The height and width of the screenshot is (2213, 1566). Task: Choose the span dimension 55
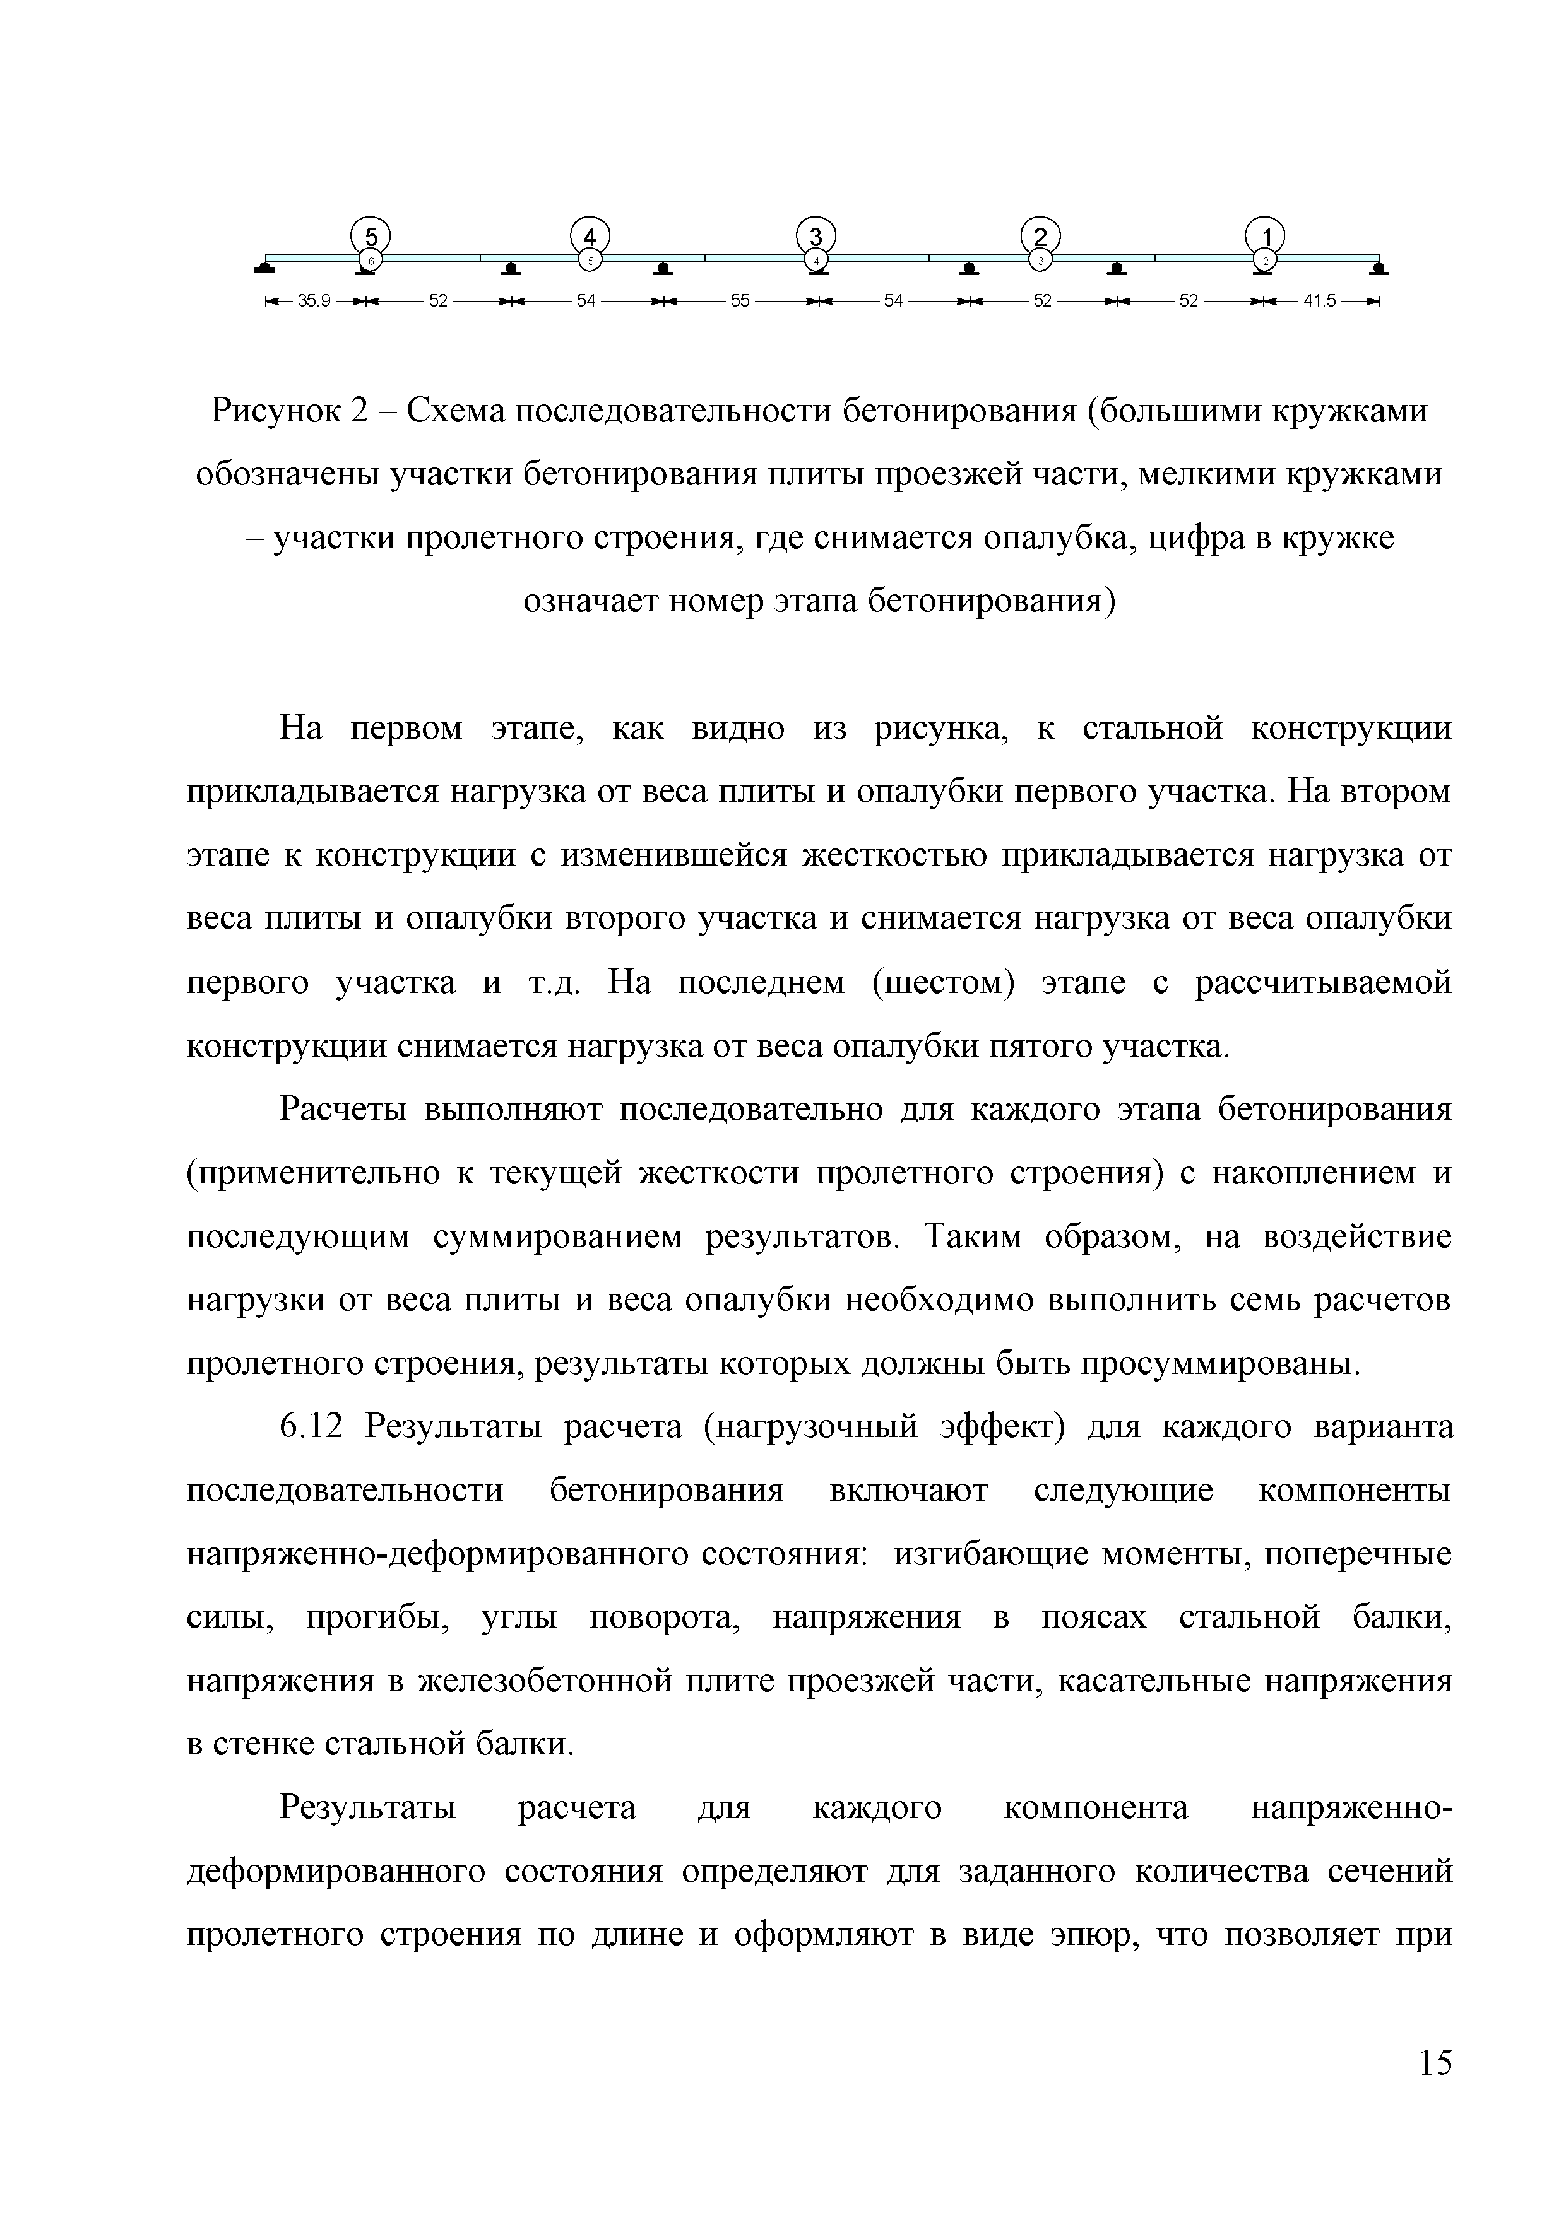coord(740,302)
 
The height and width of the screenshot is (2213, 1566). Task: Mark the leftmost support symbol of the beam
coord(263,269)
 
